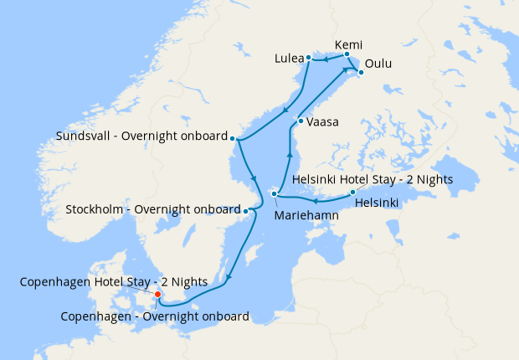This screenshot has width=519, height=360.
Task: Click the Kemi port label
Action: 348,44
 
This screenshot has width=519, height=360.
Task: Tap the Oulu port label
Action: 378,64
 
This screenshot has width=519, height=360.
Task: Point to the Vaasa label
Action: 322,122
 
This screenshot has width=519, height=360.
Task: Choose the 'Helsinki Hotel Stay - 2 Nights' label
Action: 374,180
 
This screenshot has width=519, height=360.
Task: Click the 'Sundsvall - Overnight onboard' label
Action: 141,136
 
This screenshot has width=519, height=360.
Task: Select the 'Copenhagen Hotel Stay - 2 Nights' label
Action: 114,283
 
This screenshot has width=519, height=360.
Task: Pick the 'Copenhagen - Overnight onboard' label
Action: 155,316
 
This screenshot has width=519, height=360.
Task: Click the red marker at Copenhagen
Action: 157,295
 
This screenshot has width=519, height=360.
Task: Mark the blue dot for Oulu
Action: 361,73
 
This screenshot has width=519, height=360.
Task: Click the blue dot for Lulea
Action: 308,58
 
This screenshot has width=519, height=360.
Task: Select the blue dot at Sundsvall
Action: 233,138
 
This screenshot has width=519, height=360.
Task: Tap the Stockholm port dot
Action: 245,209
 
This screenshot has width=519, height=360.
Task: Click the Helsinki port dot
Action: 352,193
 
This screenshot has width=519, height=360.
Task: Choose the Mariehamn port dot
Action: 274,195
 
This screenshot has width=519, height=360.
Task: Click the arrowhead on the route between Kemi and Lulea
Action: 327,60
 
